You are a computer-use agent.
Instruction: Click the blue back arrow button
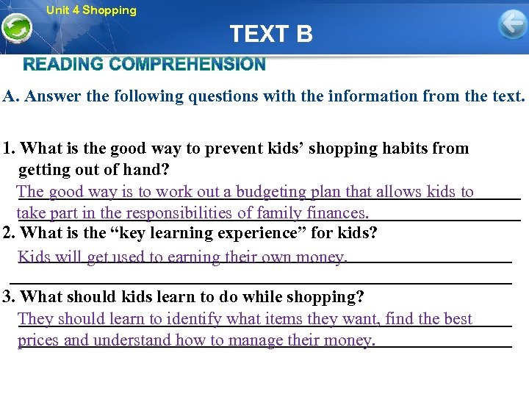click(x=512, y=24)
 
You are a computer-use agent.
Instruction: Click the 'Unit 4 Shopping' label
click(x=91, y=10)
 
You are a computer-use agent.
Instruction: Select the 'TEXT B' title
click(x=270, y=34)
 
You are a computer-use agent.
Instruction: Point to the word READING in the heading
click(x=63, y=65)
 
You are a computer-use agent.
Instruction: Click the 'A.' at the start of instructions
click(x=11, y=96)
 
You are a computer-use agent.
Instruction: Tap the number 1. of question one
click(x=10, y=148)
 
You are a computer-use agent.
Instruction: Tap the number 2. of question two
click(x=10, y=234)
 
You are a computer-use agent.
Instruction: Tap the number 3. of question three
click(x=10, y=297)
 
